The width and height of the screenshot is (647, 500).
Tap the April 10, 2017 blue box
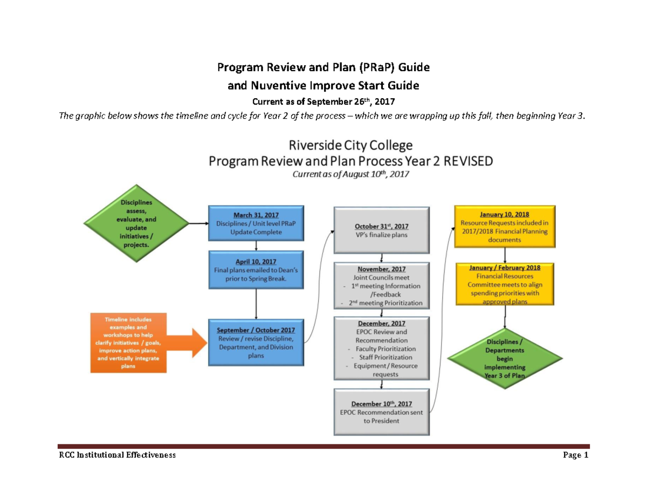tap(256, 270)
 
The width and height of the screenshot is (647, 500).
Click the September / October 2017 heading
tap(256, 330)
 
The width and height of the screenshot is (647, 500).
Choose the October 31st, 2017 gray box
tap(382, 230)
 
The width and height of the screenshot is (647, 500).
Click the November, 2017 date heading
tap(382, 269)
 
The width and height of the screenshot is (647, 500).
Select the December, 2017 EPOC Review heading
tap(382, 324)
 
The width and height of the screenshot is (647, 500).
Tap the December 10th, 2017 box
tap(382, 412)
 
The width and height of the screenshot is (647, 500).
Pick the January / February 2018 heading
tap(504, 267)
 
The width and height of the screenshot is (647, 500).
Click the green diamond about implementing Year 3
tap(505, 358)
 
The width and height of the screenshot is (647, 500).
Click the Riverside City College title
tap(351, 145)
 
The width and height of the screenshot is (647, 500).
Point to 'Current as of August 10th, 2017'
tap(350, 174)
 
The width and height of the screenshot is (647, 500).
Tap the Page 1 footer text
tap(575, 455)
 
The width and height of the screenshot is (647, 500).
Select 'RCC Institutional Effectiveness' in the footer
tap(117, 455)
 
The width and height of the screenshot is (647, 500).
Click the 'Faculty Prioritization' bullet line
tap(382, 349)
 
